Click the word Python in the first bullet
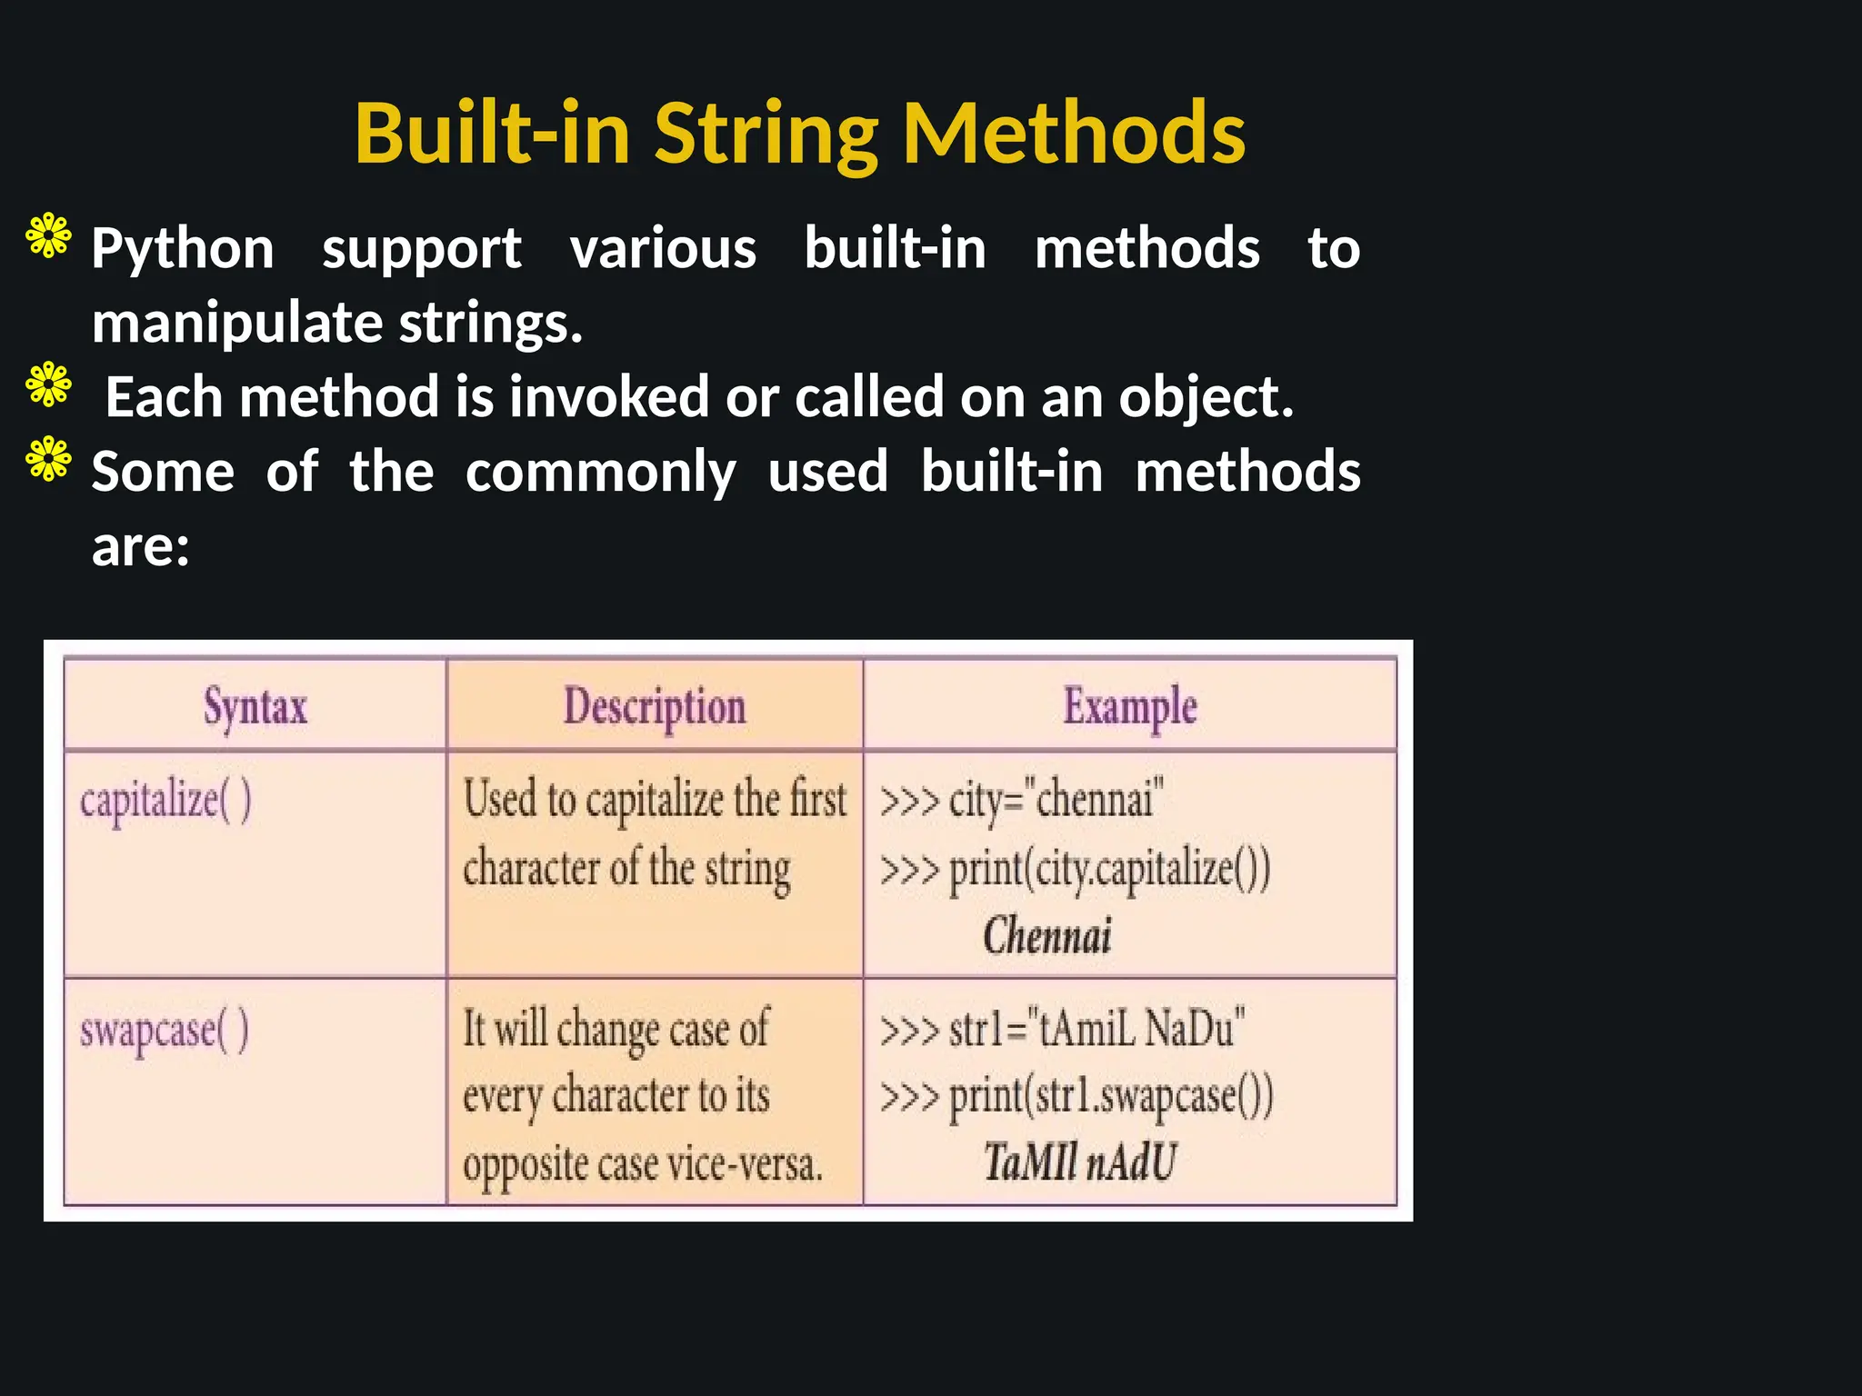coord(183,249)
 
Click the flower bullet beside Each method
coord(49,384)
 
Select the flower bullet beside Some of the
coord(49,459)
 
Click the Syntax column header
coord(255,707)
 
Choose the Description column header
coord(655,707)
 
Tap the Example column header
coord(1130,707)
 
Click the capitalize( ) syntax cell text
coord(165,802)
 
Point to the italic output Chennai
coord(1047,936)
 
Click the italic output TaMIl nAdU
coord(1079,1162)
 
